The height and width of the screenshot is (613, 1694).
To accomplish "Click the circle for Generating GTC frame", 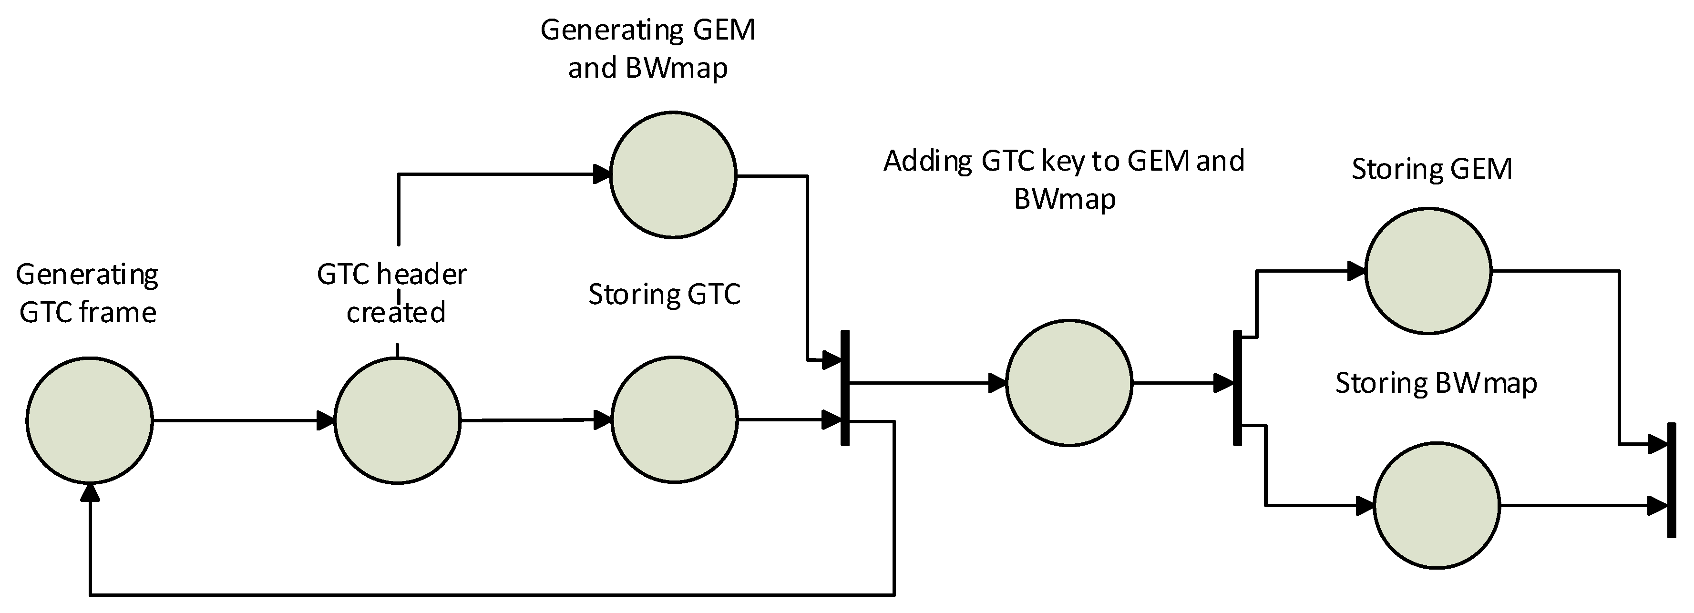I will point(90,421).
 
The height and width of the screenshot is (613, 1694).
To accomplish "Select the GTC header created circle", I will point(397,421).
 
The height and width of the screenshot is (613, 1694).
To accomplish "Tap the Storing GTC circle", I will point(674,419).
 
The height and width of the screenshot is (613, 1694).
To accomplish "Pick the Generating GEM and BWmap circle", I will point(673,175).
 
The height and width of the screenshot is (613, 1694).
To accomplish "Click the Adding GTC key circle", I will point(1068,383).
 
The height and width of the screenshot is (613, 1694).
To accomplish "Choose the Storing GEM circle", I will point(1428,270).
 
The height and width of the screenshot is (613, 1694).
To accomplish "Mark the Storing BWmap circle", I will point(1437,505).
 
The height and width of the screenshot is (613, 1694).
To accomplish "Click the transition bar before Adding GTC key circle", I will point(845,388).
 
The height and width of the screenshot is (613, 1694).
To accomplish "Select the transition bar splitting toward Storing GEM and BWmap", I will point(1237,388).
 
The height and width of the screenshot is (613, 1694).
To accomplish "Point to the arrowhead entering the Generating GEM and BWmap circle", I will point(602,174).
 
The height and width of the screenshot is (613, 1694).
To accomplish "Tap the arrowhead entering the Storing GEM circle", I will point(1356,270).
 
